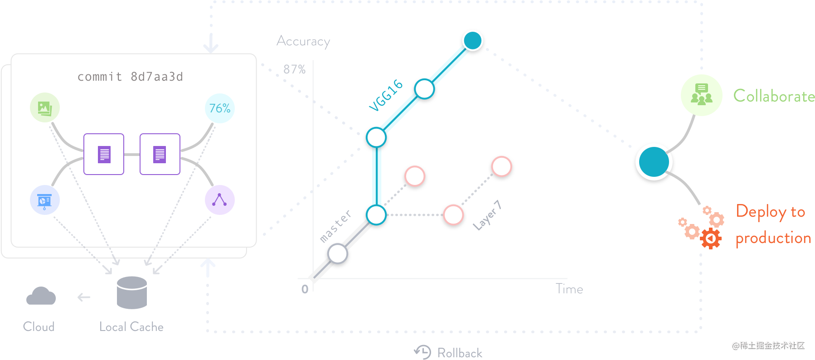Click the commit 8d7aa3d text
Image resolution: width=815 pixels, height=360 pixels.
point(130,77)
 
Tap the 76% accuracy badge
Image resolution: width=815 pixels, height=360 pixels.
point(220,108)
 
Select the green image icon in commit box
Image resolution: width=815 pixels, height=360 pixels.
point(45,108)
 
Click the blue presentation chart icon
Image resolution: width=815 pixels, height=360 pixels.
point(44,200)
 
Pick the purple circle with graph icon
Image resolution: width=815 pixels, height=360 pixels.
point(219,200)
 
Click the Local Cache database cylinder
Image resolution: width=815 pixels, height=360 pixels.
point(132,293)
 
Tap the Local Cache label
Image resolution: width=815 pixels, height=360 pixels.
point(131,327)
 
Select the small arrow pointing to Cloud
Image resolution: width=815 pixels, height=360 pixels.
point(84,297)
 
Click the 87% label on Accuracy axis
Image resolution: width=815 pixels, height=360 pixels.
point(294,69)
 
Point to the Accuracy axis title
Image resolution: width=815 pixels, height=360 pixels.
point(303,41)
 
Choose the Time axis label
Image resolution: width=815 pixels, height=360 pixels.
point(569,289)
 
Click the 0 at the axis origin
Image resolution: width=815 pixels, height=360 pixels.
point(305,289)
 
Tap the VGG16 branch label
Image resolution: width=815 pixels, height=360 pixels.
point(386,95)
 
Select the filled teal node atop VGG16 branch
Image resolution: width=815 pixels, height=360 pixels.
point(473,40)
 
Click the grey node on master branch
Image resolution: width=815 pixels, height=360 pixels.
point(338,253)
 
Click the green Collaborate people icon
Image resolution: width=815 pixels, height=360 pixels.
point(701,95)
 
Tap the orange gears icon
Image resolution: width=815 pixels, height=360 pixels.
point(701,228)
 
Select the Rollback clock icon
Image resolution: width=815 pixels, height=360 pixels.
point(423,352)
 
